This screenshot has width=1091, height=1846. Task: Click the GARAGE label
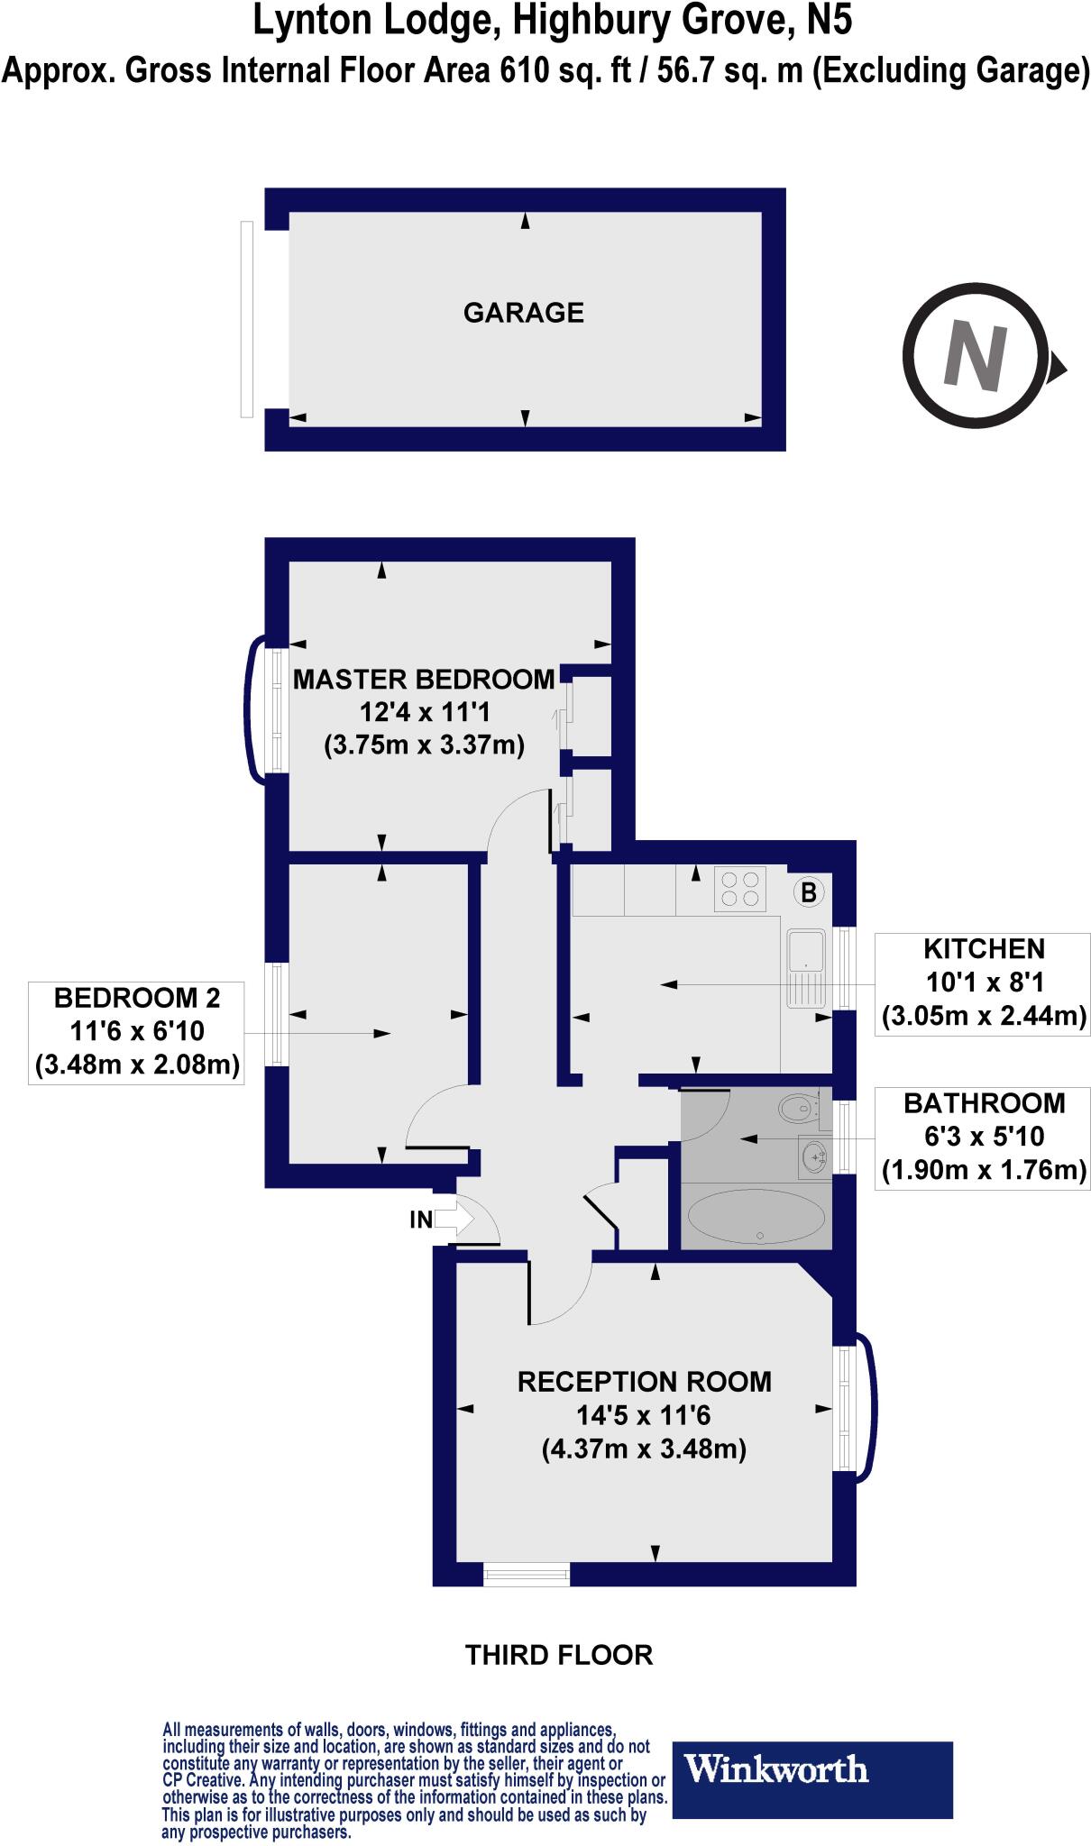click(x=523, y=313)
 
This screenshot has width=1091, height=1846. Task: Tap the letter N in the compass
click(x=975, y=356)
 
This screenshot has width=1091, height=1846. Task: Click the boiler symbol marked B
click(x=809, y=892)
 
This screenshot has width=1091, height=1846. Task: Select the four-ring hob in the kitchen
click(x=740, y=889)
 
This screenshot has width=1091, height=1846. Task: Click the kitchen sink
click(x=805, y=967)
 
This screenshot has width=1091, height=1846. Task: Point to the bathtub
click(x=756, y=1216)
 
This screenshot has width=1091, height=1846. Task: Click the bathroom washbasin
click(x=814, y=1156)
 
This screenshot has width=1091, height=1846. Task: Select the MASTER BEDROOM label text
click(x=424, y=679)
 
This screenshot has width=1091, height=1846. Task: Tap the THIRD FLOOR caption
click(x=558, y=1655)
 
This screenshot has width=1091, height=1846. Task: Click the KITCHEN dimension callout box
click(x=983, y=983)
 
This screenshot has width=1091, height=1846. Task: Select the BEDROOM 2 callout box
click(x=137, y=1032)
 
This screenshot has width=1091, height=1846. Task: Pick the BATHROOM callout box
click(x=983, y=1138)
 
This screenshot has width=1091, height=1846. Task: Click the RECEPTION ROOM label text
click(x=644, y=1382)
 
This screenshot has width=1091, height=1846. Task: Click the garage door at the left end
click(x=247, y=319)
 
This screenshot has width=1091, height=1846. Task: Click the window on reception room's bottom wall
click(x=527, y=1574)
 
